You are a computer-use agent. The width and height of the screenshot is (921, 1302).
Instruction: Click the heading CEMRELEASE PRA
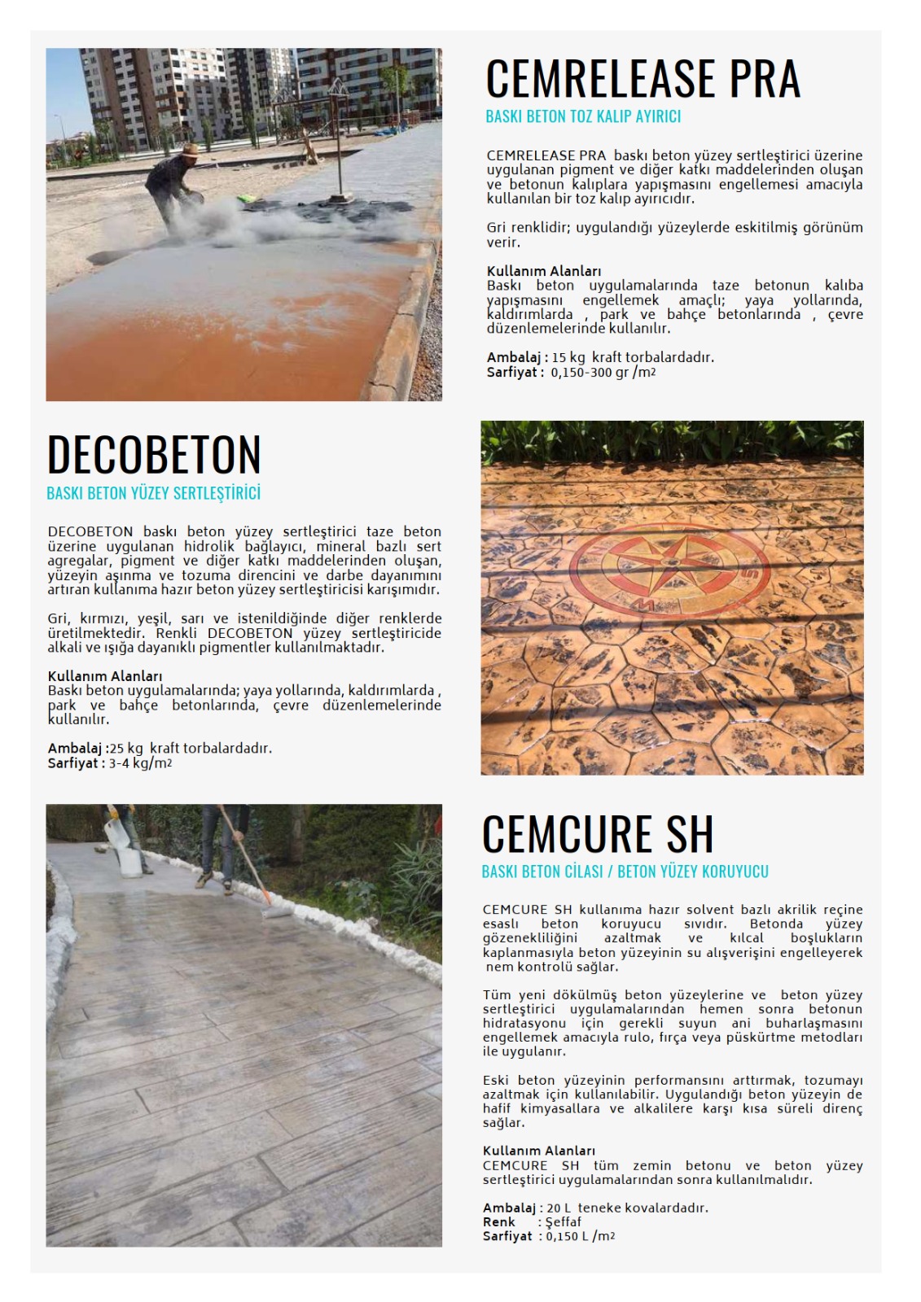[x=643, y=79]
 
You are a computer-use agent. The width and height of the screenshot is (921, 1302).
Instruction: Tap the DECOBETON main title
[x=154, y=454]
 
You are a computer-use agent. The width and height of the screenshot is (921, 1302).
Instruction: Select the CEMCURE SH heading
[x=598, y=834]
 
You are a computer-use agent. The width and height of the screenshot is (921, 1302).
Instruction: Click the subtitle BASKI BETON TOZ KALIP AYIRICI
[x=583, y=116]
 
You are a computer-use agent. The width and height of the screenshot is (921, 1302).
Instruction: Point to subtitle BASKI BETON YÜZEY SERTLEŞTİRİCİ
[x=154, y=493]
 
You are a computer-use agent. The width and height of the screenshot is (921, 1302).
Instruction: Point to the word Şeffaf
[x=563, y=1222]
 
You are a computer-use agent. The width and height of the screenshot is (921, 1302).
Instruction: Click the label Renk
[x=498, y=1222]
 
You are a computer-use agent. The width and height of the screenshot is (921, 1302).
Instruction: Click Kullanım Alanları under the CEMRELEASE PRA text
[x=543, y=271]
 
